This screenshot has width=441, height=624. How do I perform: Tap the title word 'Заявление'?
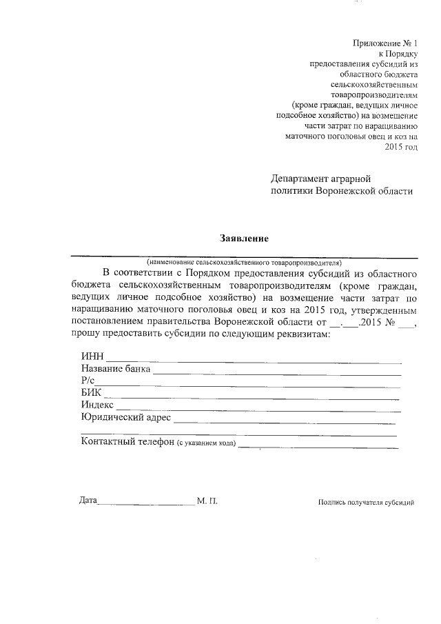[243, 239]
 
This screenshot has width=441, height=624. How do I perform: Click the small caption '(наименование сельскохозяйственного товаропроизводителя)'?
[244, 263]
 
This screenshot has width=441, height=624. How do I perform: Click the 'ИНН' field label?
[92, 356]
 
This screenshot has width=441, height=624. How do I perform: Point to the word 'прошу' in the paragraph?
[85, 334]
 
